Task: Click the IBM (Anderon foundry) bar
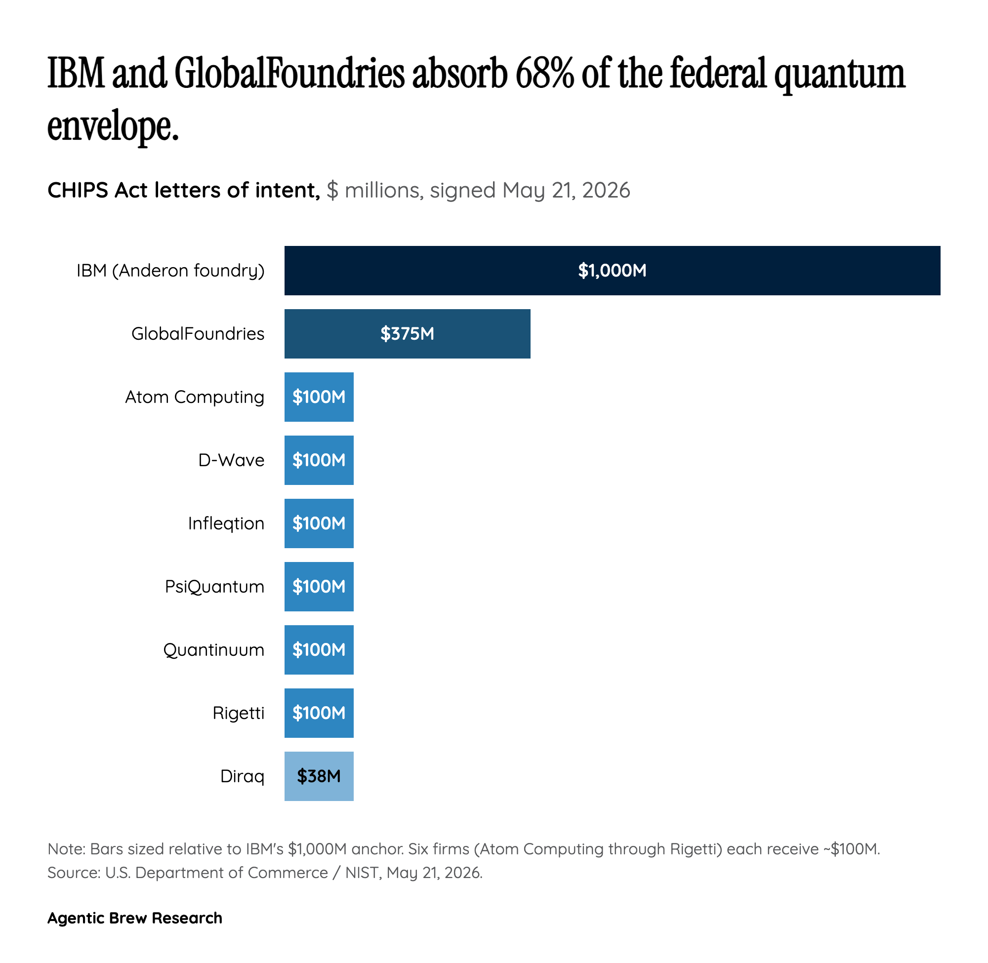pyautogui.click(x=612, y=271)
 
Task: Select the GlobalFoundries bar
pyautogui.click(x=407, y=334)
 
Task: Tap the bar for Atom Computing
pyautogui.click(x=319, y=397)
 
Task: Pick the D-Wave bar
pyautogui.click(x=319, y=460)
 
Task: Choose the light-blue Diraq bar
pyautogui.click(x=319, y=776)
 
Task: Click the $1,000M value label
pyautogui.click(x=612, y=271)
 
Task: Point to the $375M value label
pyautogui.click(x=407, y=334)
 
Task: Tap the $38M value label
pyautogui.click(x=319, y=776)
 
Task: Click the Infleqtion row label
pyautogui.click(x=226, y=523)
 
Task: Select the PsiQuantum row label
pyautogui.click(x=214, y=587)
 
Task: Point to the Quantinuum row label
pyautogui.click(x=213, y=650)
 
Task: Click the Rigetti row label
pyautogui.click(x=238, y=713)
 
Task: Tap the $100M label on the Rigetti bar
pyautogui.click(x=319, y=713)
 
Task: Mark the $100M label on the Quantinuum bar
pyautogui.click(x=319, y=650)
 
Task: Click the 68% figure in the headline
pyautogui.click(x=545, y=74)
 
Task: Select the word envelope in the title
pyautogui.click(x=113, y=126)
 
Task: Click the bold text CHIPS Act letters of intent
pyautogui.click(x=184, y=191)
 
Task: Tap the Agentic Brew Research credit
pyautogui.click(x=134, y=918)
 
